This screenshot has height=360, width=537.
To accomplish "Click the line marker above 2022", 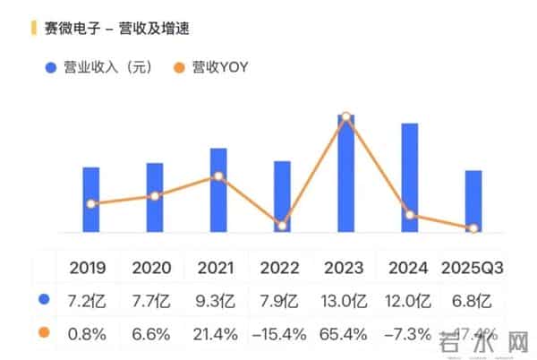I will (x=282, y=226).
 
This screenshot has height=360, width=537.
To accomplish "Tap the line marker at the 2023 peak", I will (x=345, y=117).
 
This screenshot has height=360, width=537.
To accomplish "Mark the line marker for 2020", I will (x=155, y=195).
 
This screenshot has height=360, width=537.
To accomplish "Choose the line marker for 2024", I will (x=410, y=215).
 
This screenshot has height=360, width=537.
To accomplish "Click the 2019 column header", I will (x=87, y=267).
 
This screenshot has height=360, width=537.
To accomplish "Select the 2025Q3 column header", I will (x=473, y=267).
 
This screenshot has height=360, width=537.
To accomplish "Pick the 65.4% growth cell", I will (x=345, y=334).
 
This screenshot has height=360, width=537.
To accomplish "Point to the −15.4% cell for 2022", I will (x=279, y=334).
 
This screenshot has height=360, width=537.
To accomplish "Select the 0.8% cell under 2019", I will (x=87, y=334).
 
